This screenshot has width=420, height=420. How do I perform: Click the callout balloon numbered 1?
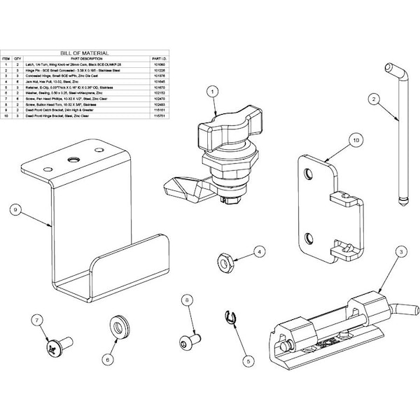point(210,90)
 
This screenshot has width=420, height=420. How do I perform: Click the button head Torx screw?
point(188,342)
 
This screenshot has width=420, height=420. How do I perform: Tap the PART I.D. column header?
point(160,58)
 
